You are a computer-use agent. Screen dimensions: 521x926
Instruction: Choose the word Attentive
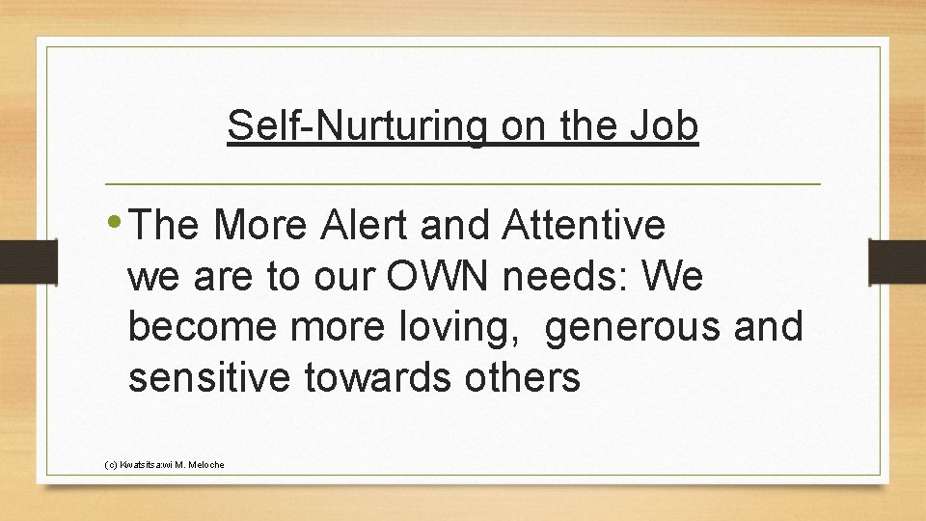[x=584, y=226]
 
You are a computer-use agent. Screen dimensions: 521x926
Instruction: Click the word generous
[x=633, y=327]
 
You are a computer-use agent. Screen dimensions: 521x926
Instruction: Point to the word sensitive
[x=207, y=378]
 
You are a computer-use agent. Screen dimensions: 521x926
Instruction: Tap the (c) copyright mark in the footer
[x=109, y=465]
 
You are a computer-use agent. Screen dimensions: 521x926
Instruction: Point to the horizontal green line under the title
[x=462, y=183]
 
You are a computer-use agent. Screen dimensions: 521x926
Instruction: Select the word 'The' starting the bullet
[x=165, y=226]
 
